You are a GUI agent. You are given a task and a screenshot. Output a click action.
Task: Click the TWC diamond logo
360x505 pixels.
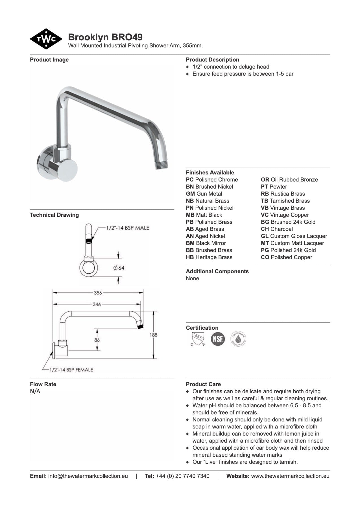point(46,39)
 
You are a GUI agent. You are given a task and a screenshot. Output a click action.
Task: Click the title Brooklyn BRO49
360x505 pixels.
point(105,37)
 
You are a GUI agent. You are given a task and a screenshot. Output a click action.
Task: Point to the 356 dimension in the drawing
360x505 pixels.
point(98,293)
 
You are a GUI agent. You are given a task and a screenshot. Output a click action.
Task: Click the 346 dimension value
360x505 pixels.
point(97,304)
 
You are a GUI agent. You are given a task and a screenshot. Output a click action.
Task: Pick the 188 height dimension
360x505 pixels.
point(154,335)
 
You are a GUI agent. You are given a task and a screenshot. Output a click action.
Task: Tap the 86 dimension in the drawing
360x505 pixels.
point(97,340)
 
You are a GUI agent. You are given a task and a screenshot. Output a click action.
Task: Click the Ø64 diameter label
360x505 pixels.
point(119,268)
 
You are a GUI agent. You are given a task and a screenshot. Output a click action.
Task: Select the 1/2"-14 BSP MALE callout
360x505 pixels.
point(127,228)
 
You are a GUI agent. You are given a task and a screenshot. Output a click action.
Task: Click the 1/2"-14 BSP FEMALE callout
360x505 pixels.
point(71,370)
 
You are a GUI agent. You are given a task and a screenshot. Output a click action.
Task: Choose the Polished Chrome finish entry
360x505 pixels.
point(212,180)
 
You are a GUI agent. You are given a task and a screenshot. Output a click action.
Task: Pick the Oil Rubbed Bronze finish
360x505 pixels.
point(289,180)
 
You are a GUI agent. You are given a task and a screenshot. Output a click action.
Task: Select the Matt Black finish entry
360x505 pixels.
point(204,215)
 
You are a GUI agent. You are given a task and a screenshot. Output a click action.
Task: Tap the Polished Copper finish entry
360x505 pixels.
point(286,257)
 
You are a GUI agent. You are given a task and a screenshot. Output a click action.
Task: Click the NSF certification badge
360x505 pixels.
point(218,339)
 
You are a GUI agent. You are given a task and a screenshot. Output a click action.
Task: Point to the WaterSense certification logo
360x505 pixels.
point(238,339)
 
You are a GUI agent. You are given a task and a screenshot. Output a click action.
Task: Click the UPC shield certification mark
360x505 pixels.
point(197,339)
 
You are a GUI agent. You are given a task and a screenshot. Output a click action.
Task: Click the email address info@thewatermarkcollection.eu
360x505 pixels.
point(88,476)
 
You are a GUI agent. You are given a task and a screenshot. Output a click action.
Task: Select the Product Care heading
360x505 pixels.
point(203,384)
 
